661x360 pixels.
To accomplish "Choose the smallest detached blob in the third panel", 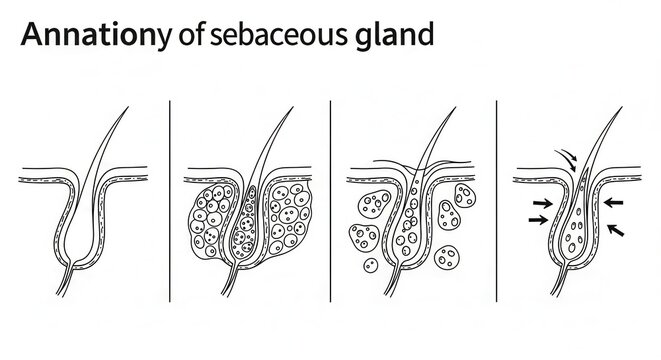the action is click(x=371, y=266).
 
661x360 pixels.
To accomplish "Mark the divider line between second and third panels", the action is click(x=331, y=200).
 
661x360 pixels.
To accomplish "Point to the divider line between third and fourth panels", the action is click(x=497, y=200).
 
